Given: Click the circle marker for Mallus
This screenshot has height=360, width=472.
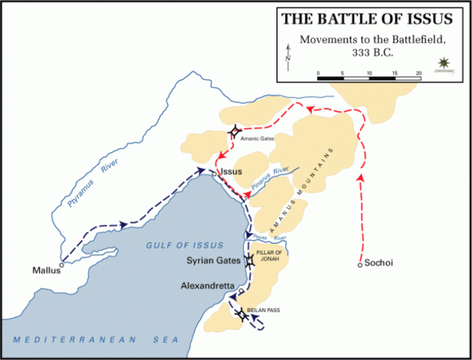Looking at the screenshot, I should pyautogui.click(x=62, y=263).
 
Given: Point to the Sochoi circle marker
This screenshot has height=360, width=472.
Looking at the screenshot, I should pyautogui.click(x=360, y=264).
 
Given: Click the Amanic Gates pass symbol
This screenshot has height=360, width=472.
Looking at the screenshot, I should pyautogui.click(x=234, y=132).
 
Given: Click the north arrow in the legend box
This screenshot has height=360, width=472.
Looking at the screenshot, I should pyautogui.click(x=289, y=55).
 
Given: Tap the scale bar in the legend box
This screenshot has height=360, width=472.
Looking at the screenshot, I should pyautogui.click(x=368, y=75).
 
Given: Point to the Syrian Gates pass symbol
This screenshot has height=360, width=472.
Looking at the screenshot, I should pyautogui.click(x=248, y=262).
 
